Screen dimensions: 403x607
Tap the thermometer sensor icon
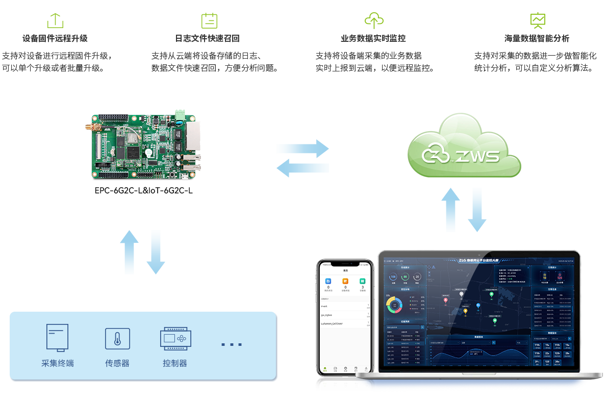117,339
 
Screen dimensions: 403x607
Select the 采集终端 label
58,364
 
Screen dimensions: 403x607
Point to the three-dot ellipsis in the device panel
231,345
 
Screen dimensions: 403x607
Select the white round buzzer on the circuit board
147,152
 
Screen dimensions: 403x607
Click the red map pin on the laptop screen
445,300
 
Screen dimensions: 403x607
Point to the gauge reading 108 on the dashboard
393,277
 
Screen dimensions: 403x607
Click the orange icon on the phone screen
345,281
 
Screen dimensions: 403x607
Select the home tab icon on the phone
325,368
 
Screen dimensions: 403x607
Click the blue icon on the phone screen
328,281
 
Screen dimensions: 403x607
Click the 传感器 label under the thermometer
117,364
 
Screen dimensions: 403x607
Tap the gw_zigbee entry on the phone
328,315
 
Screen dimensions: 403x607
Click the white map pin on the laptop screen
462,294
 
